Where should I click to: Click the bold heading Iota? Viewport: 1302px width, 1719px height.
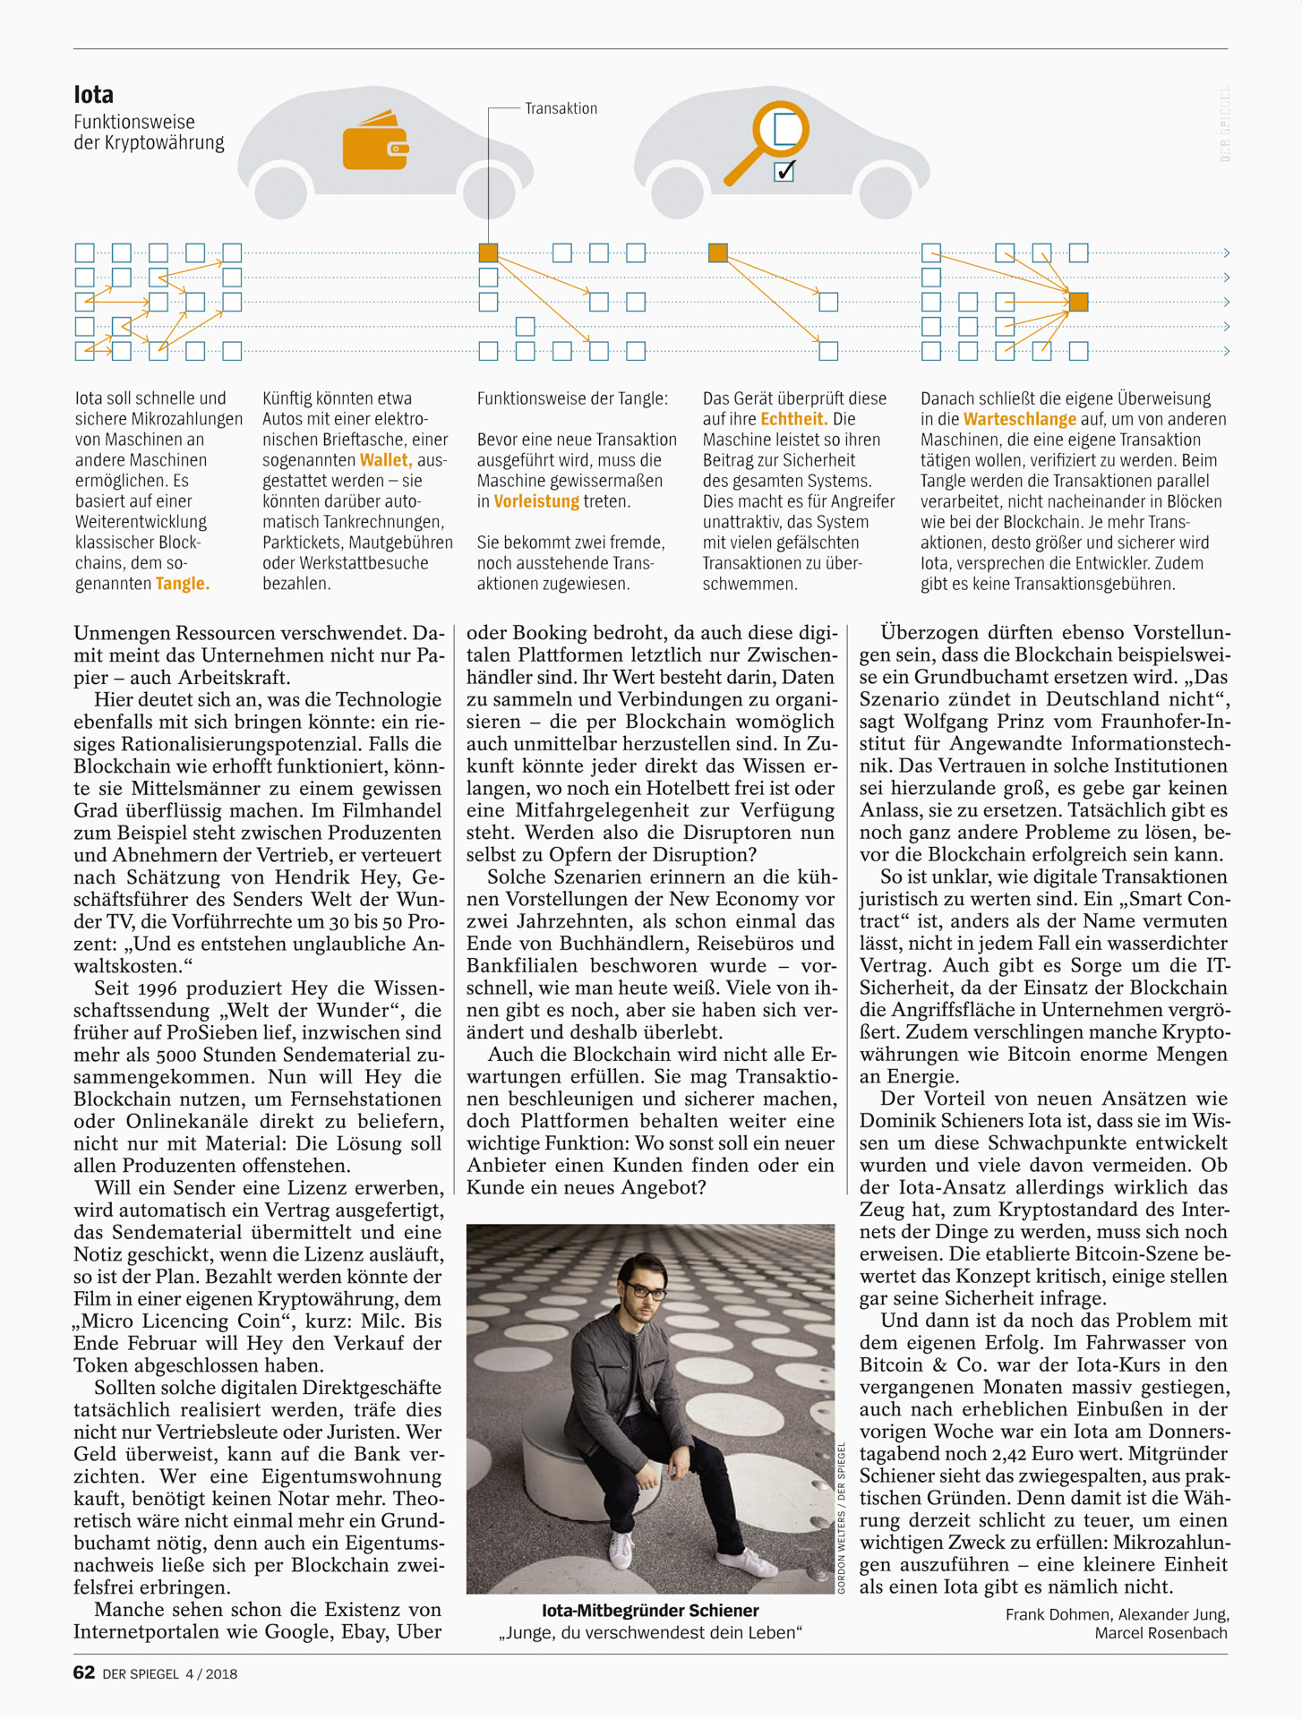click(x=93, y=95)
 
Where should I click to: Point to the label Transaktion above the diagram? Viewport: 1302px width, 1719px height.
click(x=561, y=108)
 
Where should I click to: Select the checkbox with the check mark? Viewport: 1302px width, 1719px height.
click(x=784, y=170)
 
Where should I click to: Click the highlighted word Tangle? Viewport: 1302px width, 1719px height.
click(x=182, y=584)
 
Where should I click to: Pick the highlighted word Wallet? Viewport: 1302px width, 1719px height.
click(x=386, y=460)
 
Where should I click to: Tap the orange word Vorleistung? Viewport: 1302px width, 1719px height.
click(x=536, y=501)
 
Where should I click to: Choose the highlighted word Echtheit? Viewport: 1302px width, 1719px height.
click(x=793, y=419)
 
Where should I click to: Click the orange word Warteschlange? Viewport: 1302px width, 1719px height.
click(x=1019, y=419)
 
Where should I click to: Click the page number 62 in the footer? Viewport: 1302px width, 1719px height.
click(x=84, y=1672)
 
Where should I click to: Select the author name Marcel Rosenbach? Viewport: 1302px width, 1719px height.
click(x=1161, y=1633)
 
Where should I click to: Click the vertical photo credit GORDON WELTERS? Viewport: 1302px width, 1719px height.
click(x=841, y=1557)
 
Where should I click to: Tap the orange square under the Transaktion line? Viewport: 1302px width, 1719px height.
click(x=488, y=253)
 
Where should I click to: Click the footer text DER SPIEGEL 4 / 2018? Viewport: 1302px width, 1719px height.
click(x=170, y=1673)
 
